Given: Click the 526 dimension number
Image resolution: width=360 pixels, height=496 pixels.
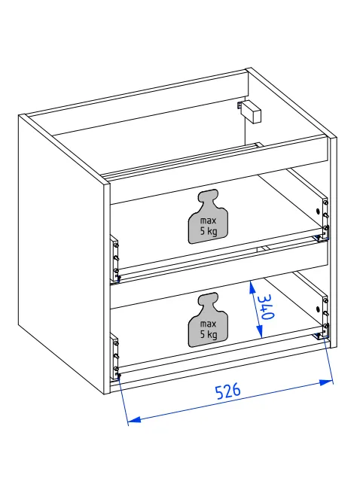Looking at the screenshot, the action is coord(228,391).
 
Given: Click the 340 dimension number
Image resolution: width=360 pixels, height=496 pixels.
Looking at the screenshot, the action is coord(266,306).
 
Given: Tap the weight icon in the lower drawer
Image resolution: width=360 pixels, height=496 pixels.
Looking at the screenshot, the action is coord(208,320).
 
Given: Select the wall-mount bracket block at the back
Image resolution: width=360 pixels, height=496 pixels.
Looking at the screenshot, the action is coord(249,111).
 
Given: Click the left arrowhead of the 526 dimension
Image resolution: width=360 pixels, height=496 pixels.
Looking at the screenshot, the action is coord(134,420).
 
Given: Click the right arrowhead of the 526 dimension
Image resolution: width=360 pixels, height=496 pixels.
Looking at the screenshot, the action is coord(326,382).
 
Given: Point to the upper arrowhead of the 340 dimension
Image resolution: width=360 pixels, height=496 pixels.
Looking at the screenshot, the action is coord(252,288).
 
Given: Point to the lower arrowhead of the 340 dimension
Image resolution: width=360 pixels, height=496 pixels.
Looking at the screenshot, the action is coord(260,331).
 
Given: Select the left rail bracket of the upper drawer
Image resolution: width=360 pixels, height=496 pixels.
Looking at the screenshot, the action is coord(114,258).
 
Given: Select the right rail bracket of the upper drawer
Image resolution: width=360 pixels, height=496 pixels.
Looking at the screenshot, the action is coord(325,219).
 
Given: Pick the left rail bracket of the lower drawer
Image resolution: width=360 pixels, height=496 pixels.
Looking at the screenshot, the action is coord(114,355).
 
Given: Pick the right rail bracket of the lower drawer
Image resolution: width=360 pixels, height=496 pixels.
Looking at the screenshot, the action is coord(325,317).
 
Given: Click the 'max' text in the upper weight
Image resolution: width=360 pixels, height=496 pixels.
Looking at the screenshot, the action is coord(208,221).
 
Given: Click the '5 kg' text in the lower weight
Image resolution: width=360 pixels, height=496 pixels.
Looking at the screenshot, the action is coord(209,334).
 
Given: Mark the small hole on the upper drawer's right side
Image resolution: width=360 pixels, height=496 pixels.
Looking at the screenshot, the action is coord(319,210).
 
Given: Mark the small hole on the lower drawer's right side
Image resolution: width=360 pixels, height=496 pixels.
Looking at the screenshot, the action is coord(319,308).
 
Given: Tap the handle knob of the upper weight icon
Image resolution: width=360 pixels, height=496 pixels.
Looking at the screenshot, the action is coord(208,196).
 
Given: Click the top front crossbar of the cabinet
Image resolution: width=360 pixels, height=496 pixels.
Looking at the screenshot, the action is coord(218,169).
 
